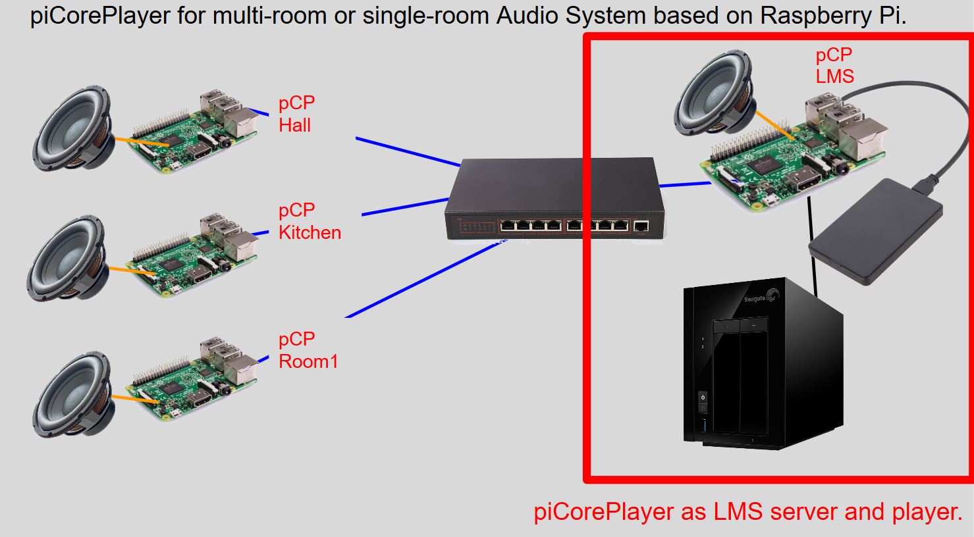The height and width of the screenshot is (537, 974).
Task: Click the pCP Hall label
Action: (x=296, y=114)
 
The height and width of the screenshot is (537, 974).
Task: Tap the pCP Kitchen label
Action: (x=310, y=221)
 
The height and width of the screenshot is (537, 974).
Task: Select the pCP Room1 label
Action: (x=308, y=350)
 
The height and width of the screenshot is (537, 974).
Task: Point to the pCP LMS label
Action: (x=834, y=65)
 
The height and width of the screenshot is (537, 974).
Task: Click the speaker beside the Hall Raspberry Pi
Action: (x=74, y=132)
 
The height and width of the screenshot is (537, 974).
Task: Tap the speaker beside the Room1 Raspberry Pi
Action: (x=72, y=394)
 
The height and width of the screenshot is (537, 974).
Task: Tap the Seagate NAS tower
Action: (x=761, y=365)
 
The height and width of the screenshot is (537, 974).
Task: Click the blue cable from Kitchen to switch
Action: (x=405, y=206)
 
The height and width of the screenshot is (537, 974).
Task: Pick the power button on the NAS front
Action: (x=703, y=397)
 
